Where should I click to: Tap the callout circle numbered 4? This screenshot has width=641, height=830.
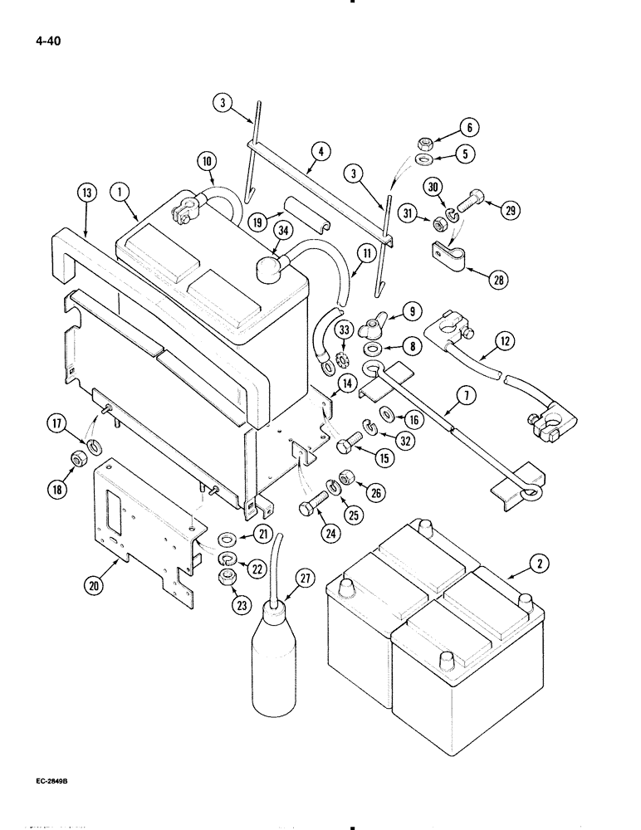pyautogui.click(x=323, y=153)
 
